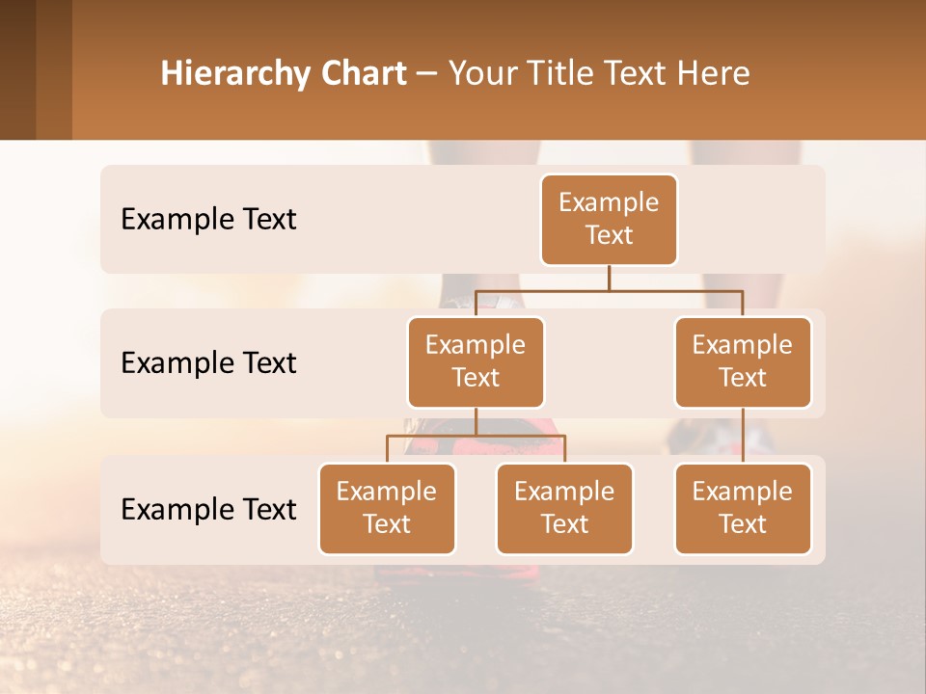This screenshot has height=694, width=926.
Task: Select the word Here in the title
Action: (714, 74)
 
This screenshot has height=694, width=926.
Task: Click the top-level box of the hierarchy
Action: (609, 220)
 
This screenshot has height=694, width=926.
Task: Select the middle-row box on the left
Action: (476, 362)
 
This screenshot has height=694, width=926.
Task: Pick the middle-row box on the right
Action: (743, 362)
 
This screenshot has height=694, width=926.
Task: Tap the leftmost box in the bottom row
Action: (387, 509)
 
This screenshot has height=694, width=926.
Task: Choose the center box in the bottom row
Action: (564, 509)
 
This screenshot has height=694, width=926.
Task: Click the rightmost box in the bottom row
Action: (743, 509)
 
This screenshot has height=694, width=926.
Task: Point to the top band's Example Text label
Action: (208, 220)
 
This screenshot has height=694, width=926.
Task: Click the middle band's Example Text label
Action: (208, 363)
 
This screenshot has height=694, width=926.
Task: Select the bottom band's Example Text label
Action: (208, 510)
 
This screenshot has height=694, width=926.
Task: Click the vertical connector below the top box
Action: (609, 278)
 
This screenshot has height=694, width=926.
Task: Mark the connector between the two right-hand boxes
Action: (743, 436)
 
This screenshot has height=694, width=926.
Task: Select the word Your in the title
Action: (482, 74)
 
